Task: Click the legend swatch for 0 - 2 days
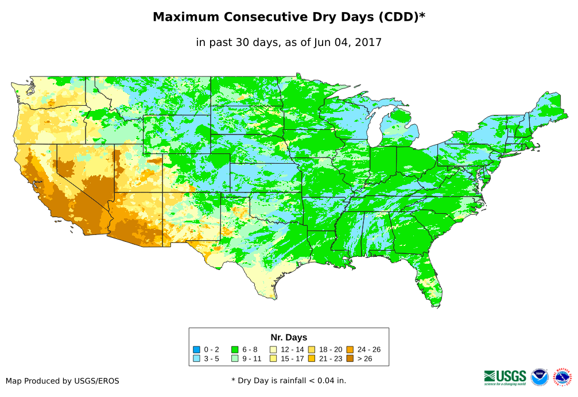(x=197, y=349)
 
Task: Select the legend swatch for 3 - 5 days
(x=197, y=359)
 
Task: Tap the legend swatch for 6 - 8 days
(x=235, y=349)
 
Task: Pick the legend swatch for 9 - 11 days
(x=235, y=359)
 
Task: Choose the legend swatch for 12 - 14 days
(x=273, y=349)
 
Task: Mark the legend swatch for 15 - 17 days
(x=273, y=359)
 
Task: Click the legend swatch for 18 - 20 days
(x=312, y=349)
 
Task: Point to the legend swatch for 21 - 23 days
(x=312, y=359)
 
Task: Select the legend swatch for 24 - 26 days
(x=350, y=349)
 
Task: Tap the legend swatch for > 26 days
(x=350, y=359)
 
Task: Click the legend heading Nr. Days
(x=289, y=337)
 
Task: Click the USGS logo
(x=505, y=376)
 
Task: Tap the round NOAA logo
(x=540, y=377)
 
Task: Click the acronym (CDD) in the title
(x=397, y=17)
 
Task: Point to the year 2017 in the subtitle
(x=368, y=42)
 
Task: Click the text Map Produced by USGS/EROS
(x=63, y=380)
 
